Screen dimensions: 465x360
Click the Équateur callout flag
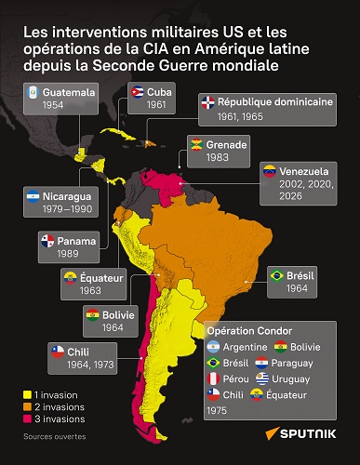69,276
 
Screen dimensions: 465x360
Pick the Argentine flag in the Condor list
213,346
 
